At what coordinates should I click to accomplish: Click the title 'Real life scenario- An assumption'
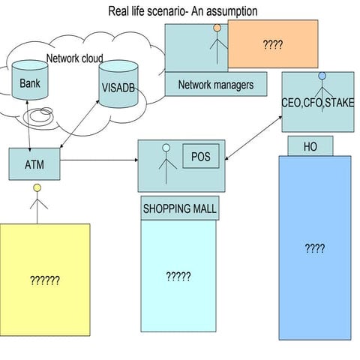point(183,11)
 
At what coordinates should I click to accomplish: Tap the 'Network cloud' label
point(75,58)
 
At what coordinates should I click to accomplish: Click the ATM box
point(34,163)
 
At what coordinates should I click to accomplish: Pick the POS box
point(201,156)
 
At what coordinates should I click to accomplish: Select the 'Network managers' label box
point(215,84)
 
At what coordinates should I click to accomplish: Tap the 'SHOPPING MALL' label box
point(179,209)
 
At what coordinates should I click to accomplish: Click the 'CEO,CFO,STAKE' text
point(317,103)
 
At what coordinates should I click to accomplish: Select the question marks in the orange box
point(272,45)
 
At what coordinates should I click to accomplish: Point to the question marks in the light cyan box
point(178,276)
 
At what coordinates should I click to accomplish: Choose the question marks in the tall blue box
point(314,248)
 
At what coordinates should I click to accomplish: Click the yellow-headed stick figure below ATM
point(35,201)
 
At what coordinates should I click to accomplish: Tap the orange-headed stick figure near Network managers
point(217,45)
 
